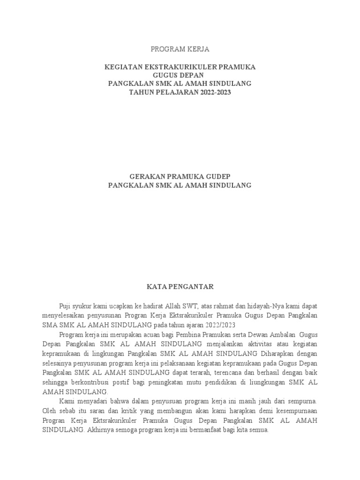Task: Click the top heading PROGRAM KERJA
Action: [180, 49]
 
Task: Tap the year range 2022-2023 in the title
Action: [213, 92]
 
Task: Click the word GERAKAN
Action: [144, 177]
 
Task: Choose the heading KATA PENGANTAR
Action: [180, 286]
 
